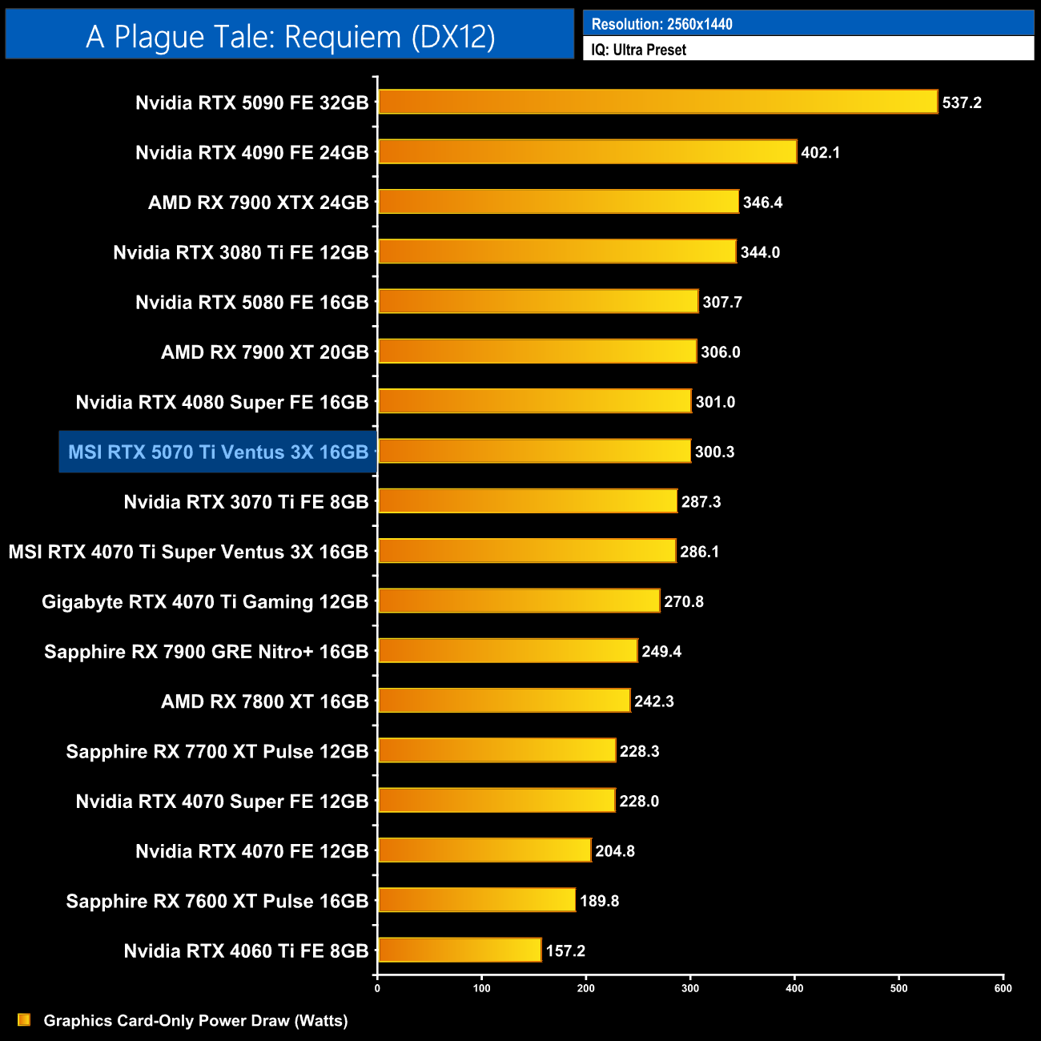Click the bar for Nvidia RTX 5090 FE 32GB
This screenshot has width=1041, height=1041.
657,102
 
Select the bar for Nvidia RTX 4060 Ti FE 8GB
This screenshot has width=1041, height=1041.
460,950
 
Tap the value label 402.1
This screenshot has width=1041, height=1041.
820,152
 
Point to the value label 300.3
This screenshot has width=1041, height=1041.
714,452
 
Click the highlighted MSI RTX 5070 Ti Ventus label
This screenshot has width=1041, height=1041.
218,452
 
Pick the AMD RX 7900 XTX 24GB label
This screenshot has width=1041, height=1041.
258,203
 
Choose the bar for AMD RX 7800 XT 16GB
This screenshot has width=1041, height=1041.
504,701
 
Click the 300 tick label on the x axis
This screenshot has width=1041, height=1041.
690,988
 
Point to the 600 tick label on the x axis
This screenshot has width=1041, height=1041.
1003,988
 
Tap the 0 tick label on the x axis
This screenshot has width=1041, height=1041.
377,988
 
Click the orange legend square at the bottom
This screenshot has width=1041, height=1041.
24,1019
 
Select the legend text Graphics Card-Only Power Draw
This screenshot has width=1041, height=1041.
195,1020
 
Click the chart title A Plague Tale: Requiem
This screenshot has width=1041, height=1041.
290,37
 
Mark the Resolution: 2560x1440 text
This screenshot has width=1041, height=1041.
661,24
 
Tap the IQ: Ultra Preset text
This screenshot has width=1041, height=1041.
638,50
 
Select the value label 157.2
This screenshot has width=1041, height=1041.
565,951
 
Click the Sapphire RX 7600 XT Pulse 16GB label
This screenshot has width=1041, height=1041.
217,901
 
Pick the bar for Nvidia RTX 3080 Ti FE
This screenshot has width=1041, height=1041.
557,251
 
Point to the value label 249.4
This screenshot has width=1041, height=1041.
661,651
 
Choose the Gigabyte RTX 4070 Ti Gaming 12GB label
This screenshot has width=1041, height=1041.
205,601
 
